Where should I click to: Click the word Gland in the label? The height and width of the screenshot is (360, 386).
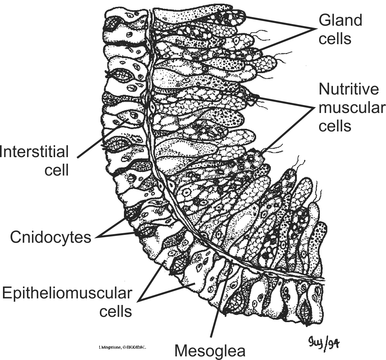340,20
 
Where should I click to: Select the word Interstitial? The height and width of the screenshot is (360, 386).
34,152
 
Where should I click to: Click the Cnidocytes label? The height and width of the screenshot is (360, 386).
50,237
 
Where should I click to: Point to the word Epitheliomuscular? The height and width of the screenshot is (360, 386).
67,293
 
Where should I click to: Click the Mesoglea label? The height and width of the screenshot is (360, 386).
210,350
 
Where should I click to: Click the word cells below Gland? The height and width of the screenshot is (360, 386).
335,39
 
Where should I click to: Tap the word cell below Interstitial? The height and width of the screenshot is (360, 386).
56,170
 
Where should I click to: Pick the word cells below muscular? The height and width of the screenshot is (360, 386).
335,126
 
